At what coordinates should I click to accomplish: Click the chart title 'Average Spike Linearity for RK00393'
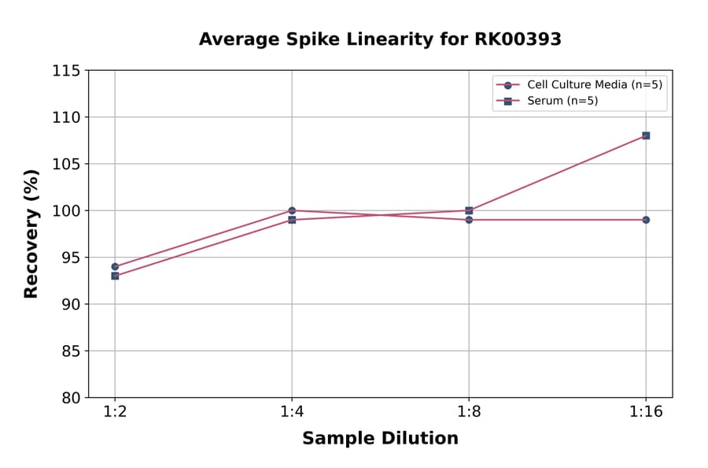[x=380, y=39]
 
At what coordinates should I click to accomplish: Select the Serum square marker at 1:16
[x=646, y=136]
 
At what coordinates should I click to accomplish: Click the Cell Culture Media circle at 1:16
[x=646, y=220]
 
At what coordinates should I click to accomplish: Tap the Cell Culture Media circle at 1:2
[x=115, y=266]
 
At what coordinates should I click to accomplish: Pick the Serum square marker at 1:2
[x=115, y=276]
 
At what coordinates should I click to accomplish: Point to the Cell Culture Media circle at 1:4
[x=292, y=210]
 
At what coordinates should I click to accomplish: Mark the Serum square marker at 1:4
[x=292, y=220]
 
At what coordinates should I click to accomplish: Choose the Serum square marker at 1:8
[x=469, y=210]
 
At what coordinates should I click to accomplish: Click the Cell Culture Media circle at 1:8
[x=469, y=220]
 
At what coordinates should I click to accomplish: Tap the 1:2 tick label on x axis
[x=115, y=413]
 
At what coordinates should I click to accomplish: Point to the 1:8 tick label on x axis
[x=469, y=413]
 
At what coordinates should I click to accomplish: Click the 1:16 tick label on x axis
[x=646, y=413]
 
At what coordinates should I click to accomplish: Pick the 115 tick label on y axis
[x=66, y=71]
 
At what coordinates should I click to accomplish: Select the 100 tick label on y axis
[x=66, y=210]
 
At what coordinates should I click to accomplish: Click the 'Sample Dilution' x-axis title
[x=380, y=439]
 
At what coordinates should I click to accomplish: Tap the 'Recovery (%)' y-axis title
[x=31, y=234]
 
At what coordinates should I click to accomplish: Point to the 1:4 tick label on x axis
[x=292, y=413]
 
